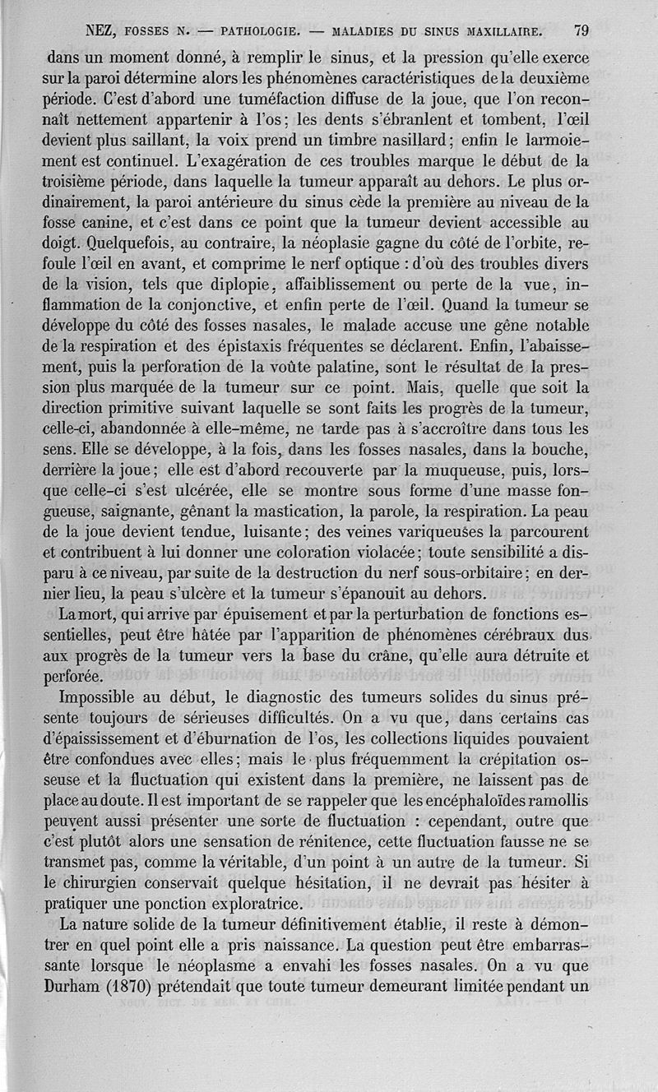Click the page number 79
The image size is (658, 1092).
(x=581, y=32)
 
